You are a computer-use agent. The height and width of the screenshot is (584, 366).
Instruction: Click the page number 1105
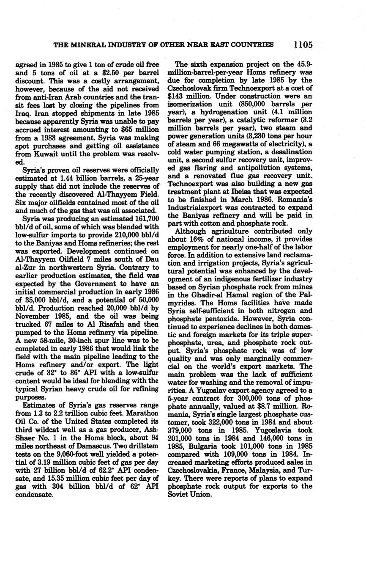[302, 44]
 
